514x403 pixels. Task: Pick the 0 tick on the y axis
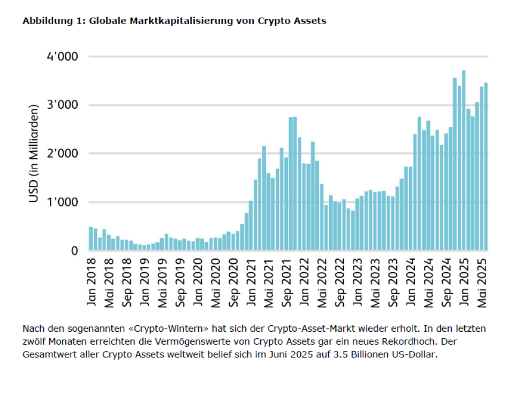click(75, 251)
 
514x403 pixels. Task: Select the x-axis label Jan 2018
click(92, 282)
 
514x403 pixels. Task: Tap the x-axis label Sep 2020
click(233, 282)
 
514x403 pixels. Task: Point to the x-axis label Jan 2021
click(251, 282)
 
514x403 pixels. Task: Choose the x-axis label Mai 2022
click(322, 282)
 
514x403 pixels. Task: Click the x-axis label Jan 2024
click(411, 282)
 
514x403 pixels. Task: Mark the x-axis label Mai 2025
click(482, 282)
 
